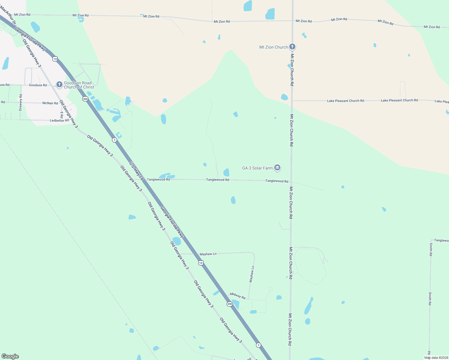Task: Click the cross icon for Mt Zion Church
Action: click(x=292, y=47)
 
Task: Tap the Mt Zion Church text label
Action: click(x=273, y=47)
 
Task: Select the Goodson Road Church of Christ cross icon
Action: click(x=59, y=84)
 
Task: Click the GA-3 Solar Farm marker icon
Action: click(x=277, y=168)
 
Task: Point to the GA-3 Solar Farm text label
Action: click(x=257, y=168)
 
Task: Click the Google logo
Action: click(x=10, y=356)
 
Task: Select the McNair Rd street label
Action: click(x=50, y=103)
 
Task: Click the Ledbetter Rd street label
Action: click(x=59, y=121)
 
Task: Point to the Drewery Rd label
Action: click(x=21, y=103)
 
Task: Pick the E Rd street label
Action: click(x=62, y=115)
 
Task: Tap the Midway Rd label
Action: click(x=238, y=296)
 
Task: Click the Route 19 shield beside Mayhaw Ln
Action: click(x=201, y=263)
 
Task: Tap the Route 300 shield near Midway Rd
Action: click(x=230, y=304)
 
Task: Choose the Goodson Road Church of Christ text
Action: click(x=79, y=85)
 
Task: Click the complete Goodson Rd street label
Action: click(x=38, y=85)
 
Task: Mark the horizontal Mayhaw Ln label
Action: click(x=208, y=254)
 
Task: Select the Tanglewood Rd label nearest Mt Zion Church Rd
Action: click(x=276, y=181)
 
